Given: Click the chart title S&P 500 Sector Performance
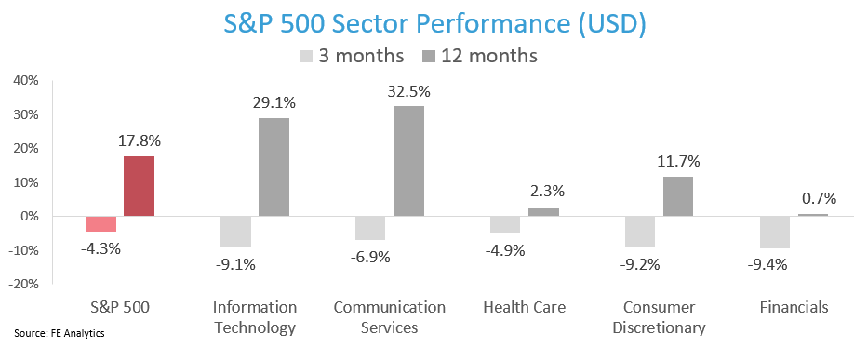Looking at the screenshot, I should click(x=427, y=22).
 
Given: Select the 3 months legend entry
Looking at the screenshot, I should click(x=352, y=56).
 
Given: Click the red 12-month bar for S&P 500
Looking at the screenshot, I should click(x=139, y=186).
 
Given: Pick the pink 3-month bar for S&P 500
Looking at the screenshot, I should click(x=100, y=223).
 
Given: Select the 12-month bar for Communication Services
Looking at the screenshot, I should click(x=408, y=161).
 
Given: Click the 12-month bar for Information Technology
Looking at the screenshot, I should click(x=274, y=167).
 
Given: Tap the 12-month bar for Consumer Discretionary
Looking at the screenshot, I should click(x=677, y=196).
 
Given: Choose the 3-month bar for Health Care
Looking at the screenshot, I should click(x=504, y=224).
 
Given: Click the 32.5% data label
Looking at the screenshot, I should click(x=408, y=92).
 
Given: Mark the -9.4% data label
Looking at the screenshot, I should click(x=774, y=263).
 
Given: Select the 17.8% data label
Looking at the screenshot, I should click(x=139, y=141).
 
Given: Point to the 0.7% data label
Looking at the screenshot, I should click(x=817, y=198).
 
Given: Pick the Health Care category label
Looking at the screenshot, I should click(x=524, y=307).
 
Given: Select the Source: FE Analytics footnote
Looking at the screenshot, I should click(x=59, y=332).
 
